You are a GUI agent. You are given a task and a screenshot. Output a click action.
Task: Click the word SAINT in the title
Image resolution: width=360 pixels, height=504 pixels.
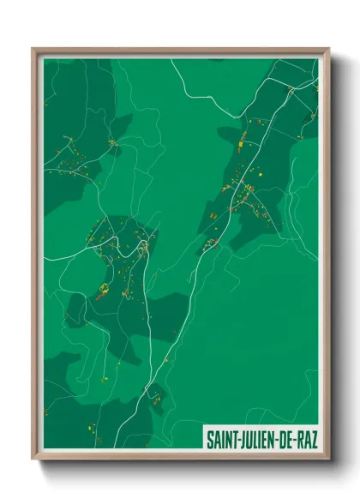click(221, 438)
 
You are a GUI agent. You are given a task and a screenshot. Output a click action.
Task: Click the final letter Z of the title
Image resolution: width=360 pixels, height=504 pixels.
click(313, 438)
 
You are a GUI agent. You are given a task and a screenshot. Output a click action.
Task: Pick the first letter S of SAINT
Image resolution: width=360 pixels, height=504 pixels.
click(209, 438)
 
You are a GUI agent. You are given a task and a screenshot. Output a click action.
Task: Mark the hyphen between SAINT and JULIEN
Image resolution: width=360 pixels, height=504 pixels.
click(237, 439)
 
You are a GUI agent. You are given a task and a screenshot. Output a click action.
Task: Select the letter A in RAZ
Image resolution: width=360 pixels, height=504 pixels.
click(306, 438)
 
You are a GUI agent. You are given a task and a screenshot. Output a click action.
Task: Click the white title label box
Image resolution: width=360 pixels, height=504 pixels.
click(261, 438)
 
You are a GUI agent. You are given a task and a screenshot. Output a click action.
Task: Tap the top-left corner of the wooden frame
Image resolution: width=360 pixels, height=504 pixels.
click(33, 50)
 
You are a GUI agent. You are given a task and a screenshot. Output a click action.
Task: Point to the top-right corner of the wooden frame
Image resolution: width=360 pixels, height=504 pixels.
click(328, 50)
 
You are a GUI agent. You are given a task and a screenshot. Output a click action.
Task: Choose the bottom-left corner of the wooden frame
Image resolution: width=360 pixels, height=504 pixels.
click(33, 459)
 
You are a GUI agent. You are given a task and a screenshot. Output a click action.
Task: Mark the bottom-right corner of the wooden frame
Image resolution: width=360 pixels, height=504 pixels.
click(328, 459)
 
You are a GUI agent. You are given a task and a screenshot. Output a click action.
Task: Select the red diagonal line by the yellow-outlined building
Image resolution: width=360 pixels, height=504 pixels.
click(99, 297)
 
